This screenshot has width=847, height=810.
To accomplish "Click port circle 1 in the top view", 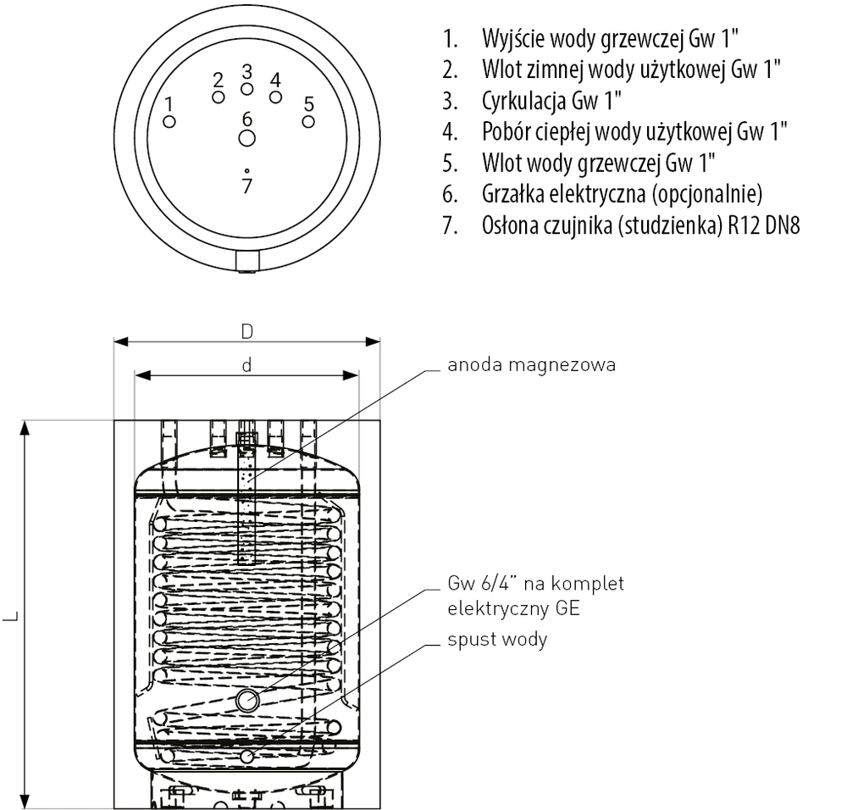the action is [x=169, y=121].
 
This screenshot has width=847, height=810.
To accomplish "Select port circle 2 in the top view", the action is [x=219, y=97].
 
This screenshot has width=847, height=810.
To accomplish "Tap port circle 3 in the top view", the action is [x=246, y=89].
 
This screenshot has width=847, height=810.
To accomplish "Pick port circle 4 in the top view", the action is [x=275, y=97].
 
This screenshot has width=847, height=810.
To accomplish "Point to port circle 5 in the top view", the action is [x=308, y=121].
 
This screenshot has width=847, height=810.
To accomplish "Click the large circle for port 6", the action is [x=246, y=138].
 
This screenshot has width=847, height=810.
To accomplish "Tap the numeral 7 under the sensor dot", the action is [x=246, y=186].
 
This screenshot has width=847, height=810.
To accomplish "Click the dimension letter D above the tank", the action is [x=246, y=331].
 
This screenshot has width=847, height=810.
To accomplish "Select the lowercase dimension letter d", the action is [x=246, y=365].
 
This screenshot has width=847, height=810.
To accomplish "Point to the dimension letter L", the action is [x=12, y=615].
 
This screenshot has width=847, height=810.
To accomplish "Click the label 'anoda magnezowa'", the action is [x=532, y=364].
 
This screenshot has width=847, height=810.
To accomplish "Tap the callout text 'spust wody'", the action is [x=497, y=640].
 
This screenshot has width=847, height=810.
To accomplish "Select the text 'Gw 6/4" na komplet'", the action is [x=536, y=584].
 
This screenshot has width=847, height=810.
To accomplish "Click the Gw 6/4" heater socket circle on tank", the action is [x=246, y=701].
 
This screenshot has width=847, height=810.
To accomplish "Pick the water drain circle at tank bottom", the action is [x=246, y=757].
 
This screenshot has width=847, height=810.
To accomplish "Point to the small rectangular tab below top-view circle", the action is [x=247, y=262].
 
